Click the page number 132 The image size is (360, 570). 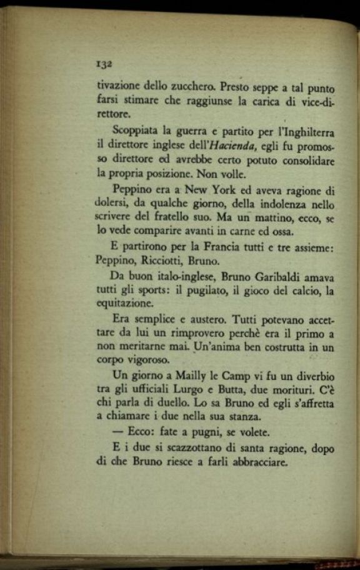[x=104, y=64]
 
